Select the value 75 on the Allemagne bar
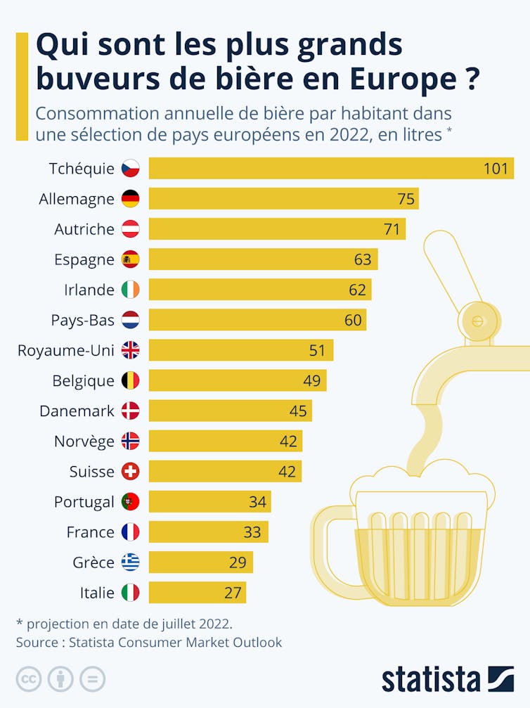coord(406,199)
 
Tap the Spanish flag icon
coord(131,259)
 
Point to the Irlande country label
coord(89,290)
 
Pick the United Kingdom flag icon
coord(131,350)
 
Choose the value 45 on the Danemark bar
coord(298,411)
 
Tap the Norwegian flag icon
coord(131,441)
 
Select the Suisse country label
coord(91,471)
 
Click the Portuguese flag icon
coord(131,501)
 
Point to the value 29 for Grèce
coord(237,562)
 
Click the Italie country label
coord(97,593)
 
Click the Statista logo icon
coord(501,678)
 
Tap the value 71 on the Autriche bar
coord(392,229)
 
